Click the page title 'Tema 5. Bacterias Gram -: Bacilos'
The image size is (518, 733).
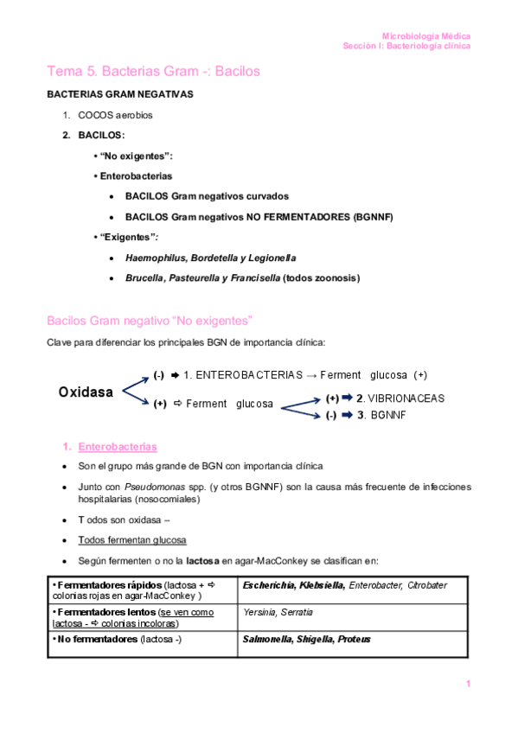(x=153, y=71)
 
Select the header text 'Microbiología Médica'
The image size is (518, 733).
(x=426, y=36)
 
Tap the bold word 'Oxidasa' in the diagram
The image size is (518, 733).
(x=86, y=392)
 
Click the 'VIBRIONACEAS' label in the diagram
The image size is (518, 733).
(x=406, y=398)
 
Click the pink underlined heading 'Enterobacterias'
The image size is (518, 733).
(x=118, y=447)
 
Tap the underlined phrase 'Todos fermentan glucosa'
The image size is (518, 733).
(x=131, y=540)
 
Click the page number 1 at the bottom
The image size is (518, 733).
(x=468, y=685)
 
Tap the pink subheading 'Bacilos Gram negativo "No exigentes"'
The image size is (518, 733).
(x=149, y=320)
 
